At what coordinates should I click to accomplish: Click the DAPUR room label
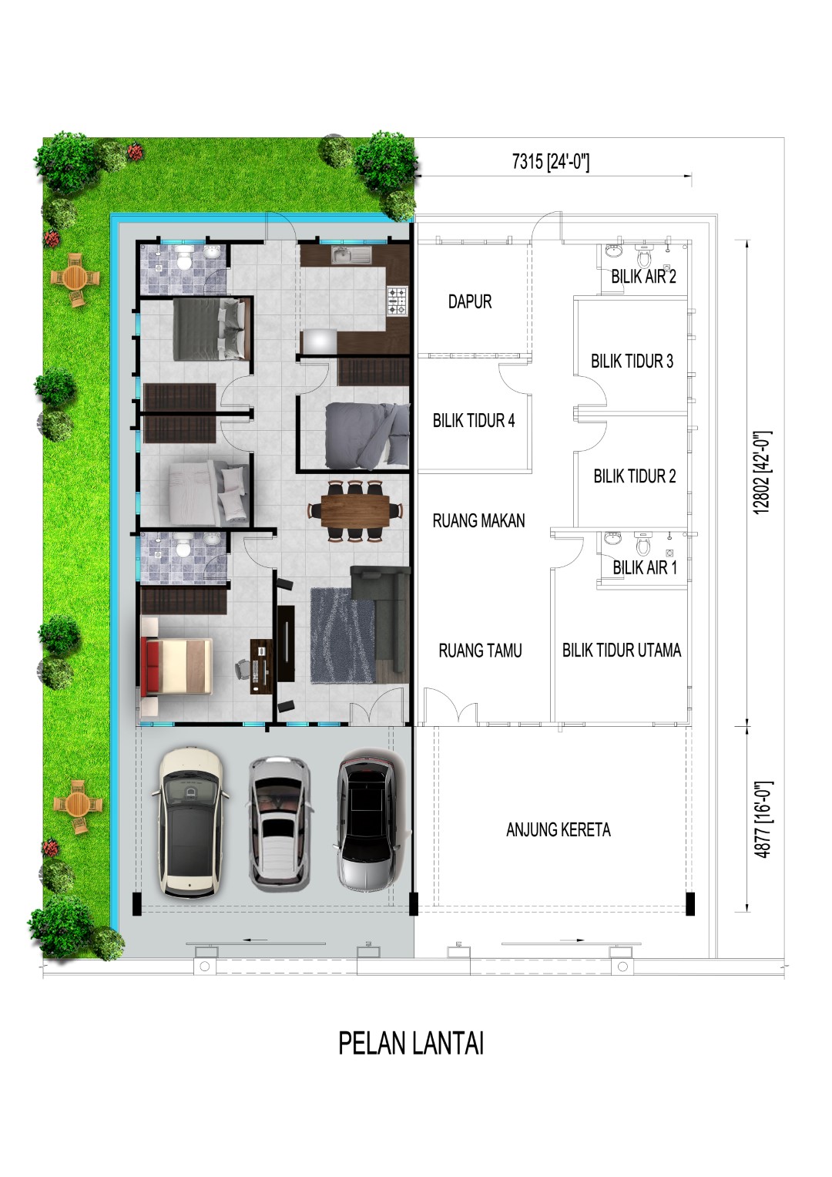pyautogui.click(x=470, y=301)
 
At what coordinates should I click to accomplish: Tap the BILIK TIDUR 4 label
pyautogui.click(x=474, y=420)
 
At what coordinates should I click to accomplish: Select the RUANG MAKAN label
pyautogui.click(x=478, y=521)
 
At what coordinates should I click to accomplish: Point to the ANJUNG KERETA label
pyautogui.click(x=559, y=829)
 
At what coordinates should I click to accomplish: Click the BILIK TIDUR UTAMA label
pyautogui.click(x=622, y=651)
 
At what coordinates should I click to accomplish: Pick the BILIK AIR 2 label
pyautogui.click(x=643, y=277)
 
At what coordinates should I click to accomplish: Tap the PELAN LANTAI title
pyautogui.click(x=411, y=1044)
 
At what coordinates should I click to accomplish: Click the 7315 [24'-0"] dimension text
pyautogui.click(x=551, y=162)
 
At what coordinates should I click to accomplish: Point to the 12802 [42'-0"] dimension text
pyautogui.click(x=763, y=472)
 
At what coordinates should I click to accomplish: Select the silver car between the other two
pyautogui.click(x=280, y=824)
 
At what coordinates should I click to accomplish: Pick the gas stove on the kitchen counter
pyautogui.click(x=397, y=301)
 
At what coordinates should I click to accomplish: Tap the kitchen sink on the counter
pyautogui.click(x=351, y=255)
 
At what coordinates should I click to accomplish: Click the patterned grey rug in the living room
pyautogui.click(x=344, y=635)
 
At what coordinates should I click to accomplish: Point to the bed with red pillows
pyautogui.click(x=176, y=667)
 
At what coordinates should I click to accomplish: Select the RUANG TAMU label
pyautogui.click(x=480, y=651)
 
